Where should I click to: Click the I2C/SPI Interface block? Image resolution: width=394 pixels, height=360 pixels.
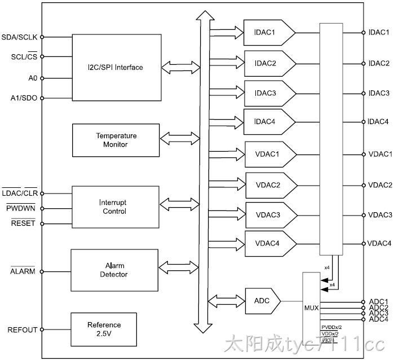coord(117,67)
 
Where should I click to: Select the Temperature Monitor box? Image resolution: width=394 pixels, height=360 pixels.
coord(116,140)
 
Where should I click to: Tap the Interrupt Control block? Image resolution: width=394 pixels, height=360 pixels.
coord(116,207)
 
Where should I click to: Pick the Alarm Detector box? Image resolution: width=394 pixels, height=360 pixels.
coord(114,270)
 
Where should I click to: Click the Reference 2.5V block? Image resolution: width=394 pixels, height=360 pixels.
coord(104,329)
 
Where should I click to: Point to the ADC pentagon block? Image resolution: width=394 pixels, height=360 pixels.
coord(263,301)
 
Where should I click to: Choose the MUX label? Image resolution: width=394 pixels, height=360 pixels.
coord(311,308)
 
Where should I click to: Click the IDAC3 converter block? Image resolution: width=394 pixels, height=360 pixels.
coord(270,93)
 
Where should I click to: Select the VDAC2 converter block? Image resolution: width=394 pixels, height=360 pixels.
coord(271,186)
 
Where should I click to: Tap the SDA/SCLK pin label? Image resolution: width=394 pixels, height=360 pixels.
coord(19,37)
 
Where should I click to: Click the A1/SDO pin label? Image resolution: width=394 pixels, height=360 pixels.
coord(24,98)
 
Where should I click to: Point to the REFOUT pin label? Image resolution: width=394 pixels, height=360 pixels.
coord(23,330)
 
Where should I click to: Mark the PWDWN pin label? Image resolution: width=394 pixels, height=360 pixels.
coord(21,208)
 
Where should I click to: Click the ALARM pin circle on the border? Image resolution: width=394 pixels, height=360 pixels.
coord(42,272)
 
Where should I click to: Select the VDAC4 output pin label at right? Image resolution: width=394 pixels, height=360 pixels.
coord(379,243)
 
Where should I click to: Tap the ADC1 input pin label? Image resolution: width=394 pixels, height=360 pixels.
coord(378,301)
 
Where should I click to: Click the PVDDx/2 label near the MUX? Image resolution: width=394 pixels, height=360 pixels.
coord(331,327)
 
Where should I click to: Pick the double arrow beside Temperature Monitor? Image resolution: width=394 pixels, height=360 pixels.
coord(180,138)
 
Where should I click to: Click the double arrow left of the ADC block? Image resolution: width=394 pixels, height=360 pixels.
coord(227,301)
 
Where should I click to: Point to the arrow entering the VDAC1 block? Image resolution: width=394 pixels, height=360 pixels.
coord(227,154)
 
